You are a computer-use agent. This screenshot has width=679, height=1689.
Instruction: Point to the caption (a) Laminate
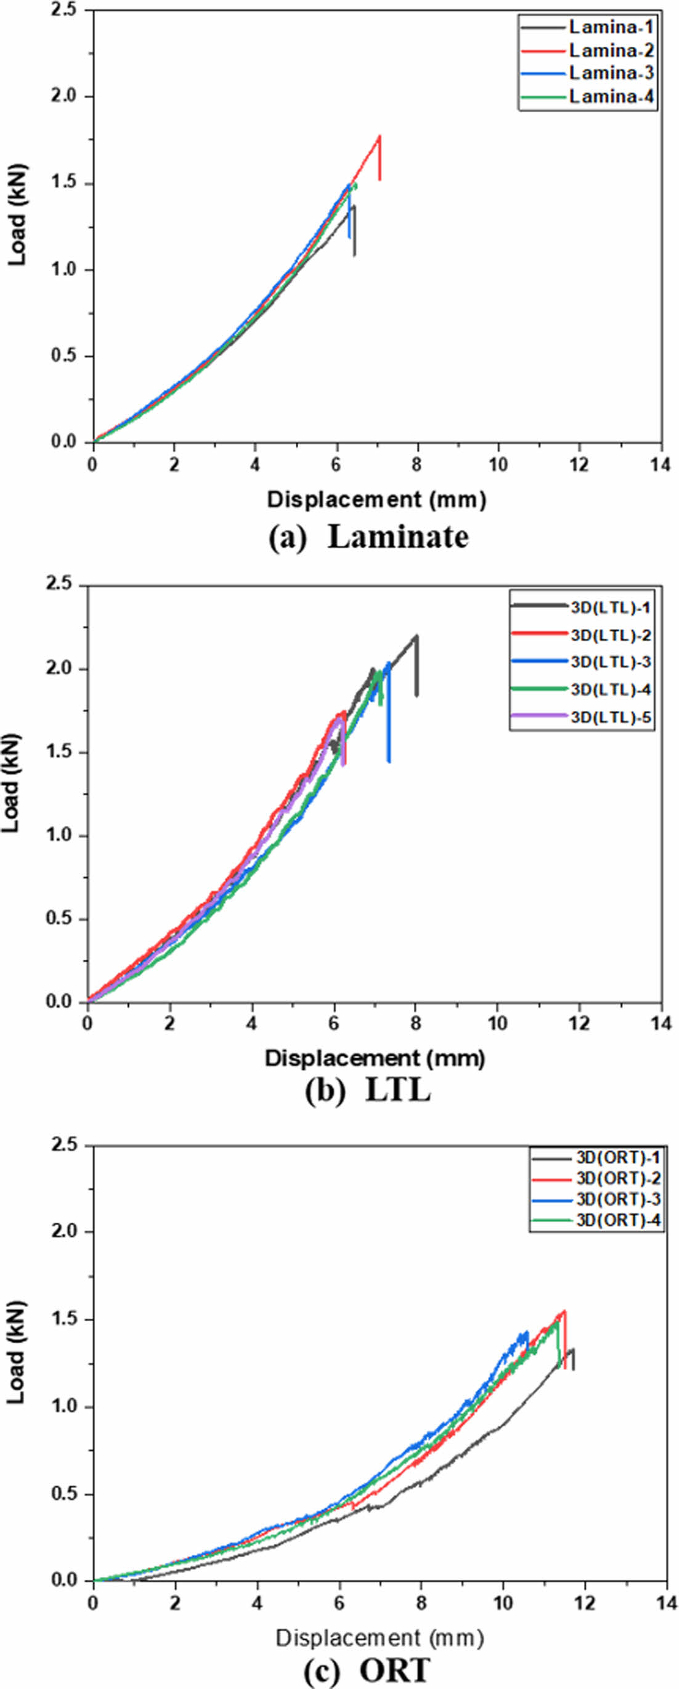368,538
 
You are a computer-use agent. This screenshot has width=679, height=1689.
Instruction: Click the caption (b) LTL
367,1091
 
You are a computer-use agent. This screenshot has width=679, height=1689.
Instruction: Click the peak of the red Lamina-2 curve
379,136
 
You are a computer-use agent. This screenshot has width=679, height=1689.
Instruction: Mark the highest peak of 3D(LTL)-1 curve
416,635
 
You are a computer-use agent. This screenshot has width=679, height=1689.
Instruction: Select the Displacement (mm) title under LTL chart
375,1058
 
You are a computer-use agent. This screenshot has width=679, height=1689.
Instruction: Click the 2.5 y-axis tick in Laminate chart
63,10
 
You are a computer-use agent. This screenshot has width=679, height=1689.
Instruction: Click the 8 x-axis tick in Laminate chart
417,465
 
